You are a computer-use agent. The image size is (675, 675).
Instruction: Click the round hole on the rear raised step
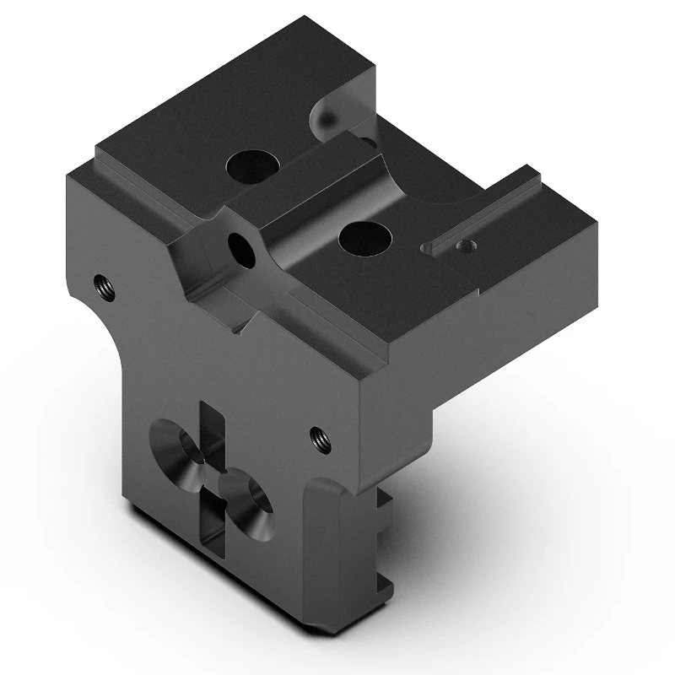[250, 166]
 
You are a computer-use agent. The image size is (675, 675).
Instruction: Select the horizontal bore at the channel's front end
[240, 248]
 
